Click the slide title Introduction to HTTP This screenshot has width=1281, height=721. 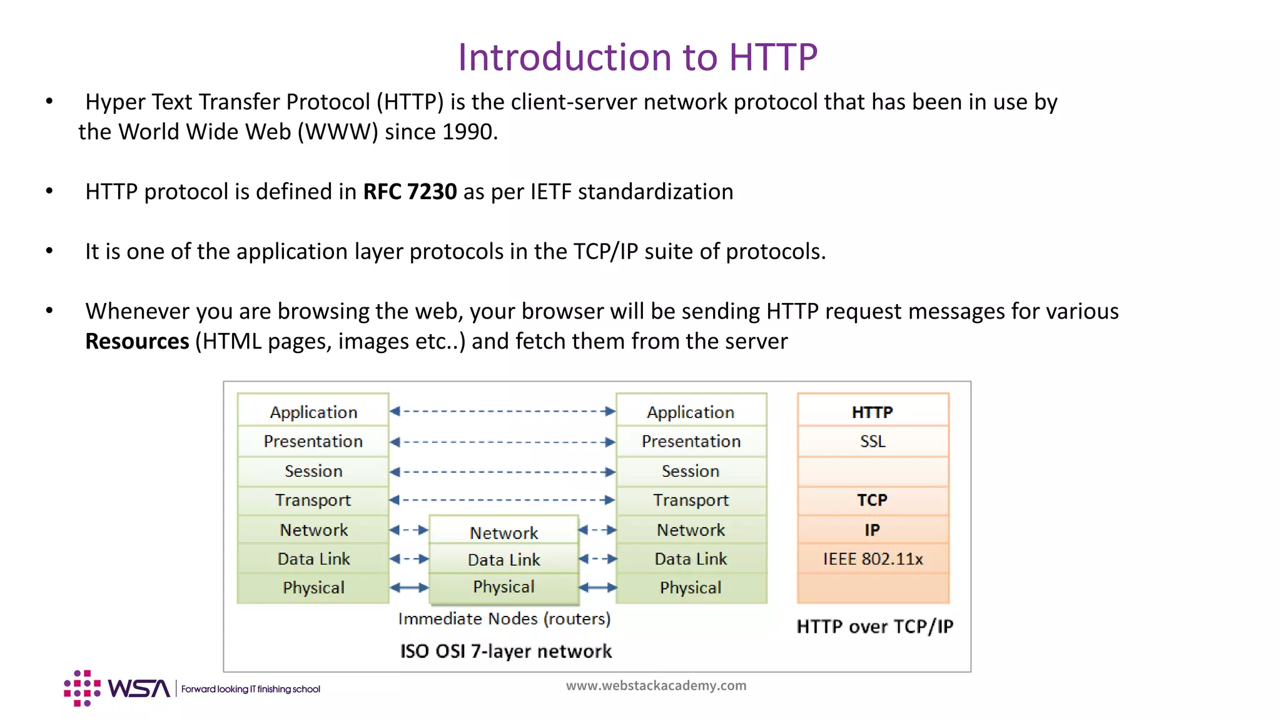[x=637, y=57]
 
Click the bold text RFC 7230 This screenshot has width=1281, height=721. [x=410, y=192]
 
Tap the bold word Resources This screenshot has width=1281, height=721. [x=137, y=342]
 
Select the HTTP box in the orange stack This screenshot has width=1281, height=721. [x=873, y=412]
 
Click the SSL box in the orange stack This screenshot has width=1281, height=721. [x=873, y=441]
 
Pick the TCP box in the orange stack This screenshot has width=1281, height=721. [x=873, y=500]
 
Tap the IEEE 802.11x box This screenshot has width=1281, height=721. [x=873, y=559]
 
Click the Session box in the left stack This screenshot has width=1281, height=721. [x=313, y=471]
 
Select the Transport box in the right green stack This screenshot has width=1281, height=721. [x=691, y=500]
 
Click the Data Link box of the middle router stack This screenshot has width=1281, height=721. [x=504, y=560]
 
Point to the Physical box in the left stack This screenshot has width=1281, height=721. [x=313, y=588]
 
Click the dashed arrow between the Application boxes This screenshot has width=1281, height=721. [x=502, y=411]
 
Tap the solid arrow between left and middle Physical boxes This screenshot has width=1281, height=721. [x=409, y=588]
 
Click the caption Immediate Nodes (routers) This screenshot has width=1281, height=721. [x=504, y=619]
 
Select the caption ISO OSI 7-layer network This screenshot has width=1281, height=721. [x=506, y=652]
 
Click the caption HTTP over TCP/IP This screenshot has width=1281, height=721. [x=874, y=626]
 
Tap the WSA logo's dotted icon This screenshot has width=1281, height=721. [x=82, y=688]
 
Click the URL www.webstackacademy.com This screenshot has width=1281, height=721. [x=656, y=685]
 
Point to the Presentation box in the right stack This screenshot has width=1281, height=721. [x=691, y=441]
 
